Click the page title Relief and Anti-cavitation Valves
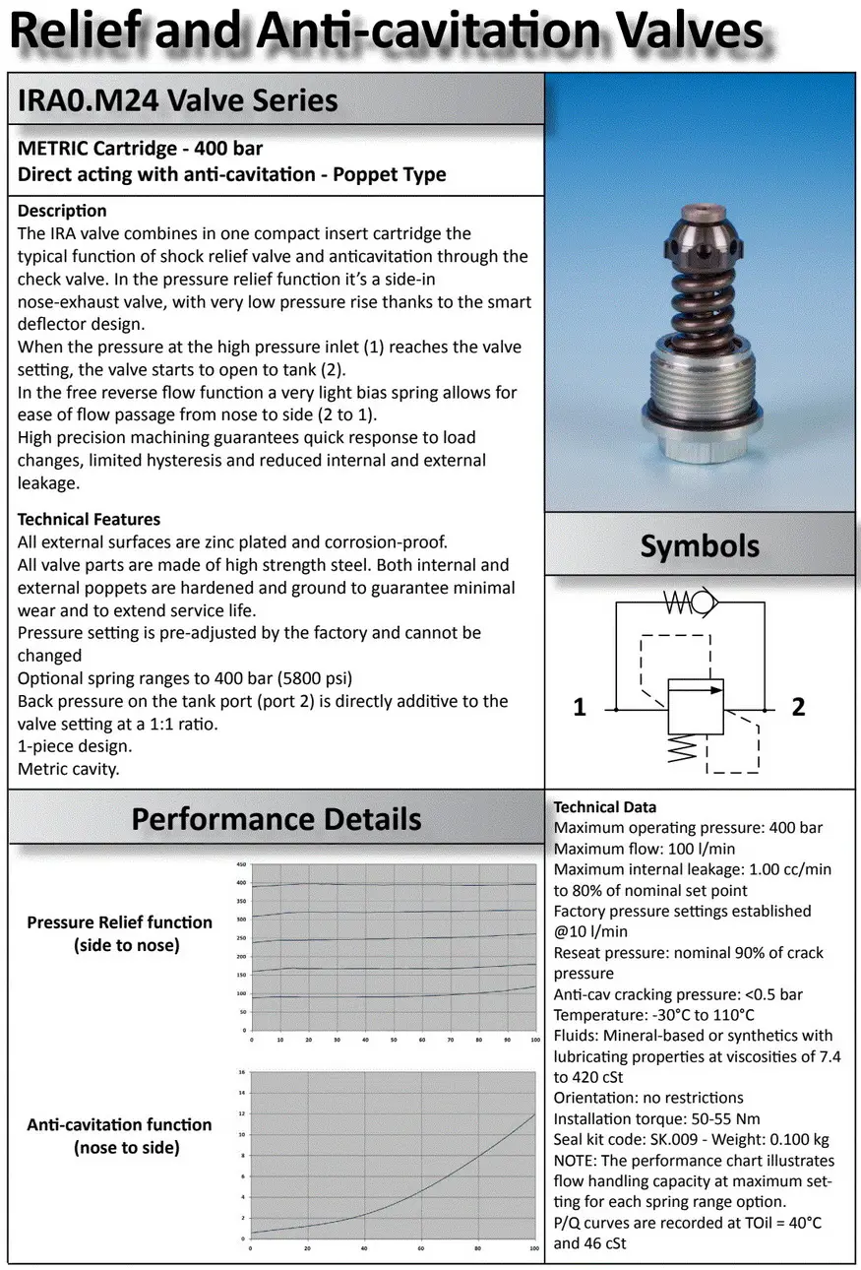click(387, 32)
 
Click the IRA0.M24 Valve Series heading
click(178, 99)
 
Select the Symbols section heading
click(700, 545)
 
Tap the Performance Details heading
click(277, 819)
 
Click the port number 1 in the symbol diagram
click(580, 707)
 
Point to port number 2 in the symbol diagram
click(798, 707)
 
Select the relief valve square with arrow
click(696, 706)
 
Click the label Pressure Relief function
click(119, 922)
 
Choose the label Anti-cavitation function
click(119, 1124)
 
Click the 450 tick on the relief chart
click(240, 864)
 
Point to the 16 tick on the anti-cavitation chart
click(241, 1071)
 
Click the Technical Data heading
click(605, 807)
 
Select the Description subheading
click(62, 211)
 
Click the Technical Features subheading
click(89, 519)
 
